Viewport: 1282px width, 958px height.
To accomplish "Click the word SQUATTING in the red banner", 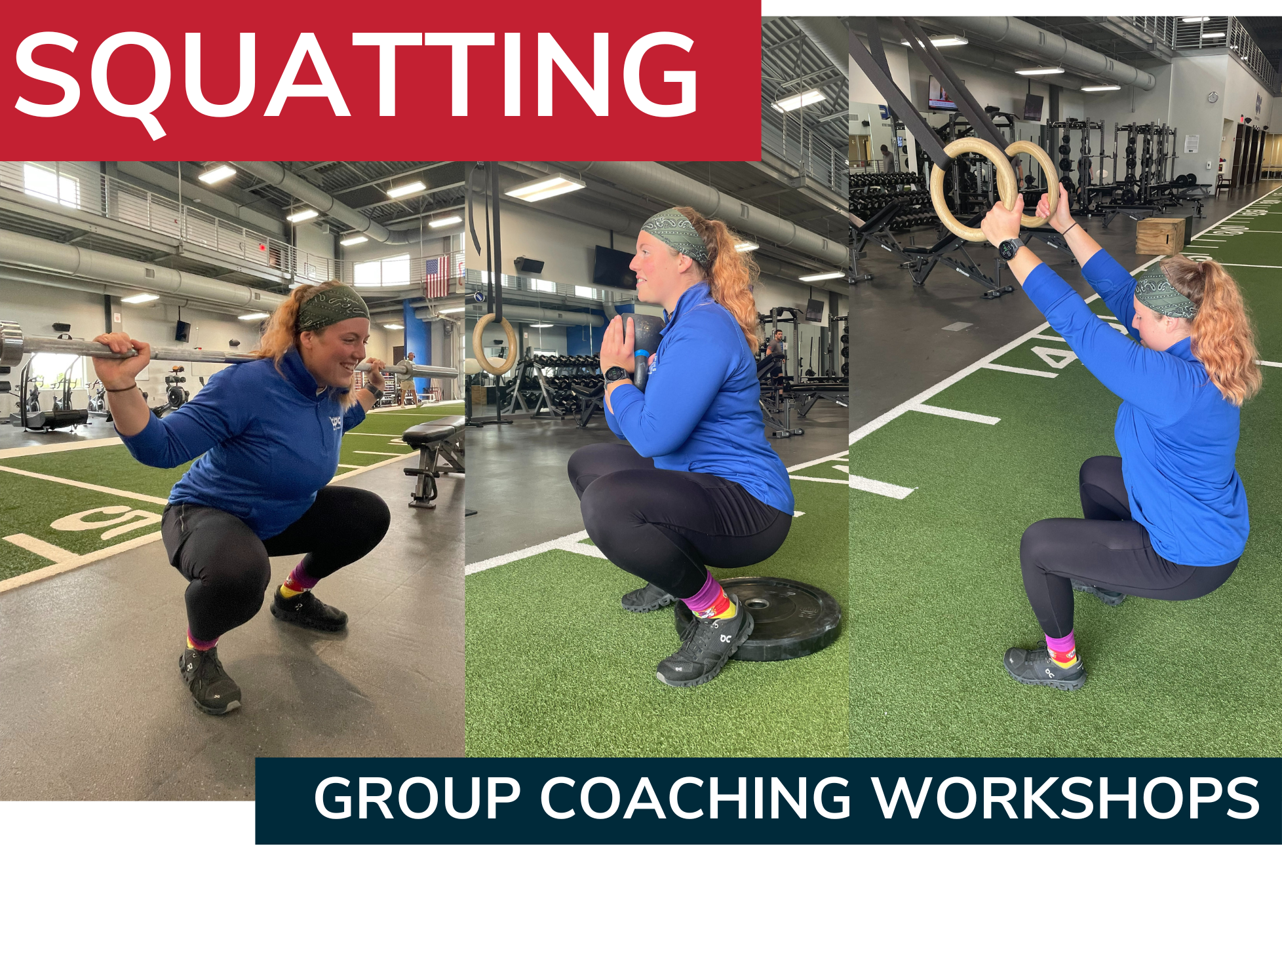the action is click(356, 77).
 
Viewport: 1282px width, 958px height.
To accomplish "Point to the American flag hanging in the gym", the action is click(437, 277).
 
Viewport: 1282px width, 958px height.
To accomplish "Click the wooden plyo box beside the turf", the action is click(1160, 235).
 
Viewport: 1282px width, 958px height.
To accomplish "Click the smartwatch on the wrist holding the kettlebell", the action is click(616, 375).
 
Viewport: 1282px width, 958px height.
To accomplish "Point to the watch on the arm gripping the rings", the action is click(1010, 250).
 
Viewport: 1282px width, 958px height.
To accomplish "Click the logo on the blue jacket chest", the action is click(335, 423).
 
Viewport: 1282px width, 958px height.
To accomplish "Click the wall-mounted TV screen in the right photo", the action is click(941, 93).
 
